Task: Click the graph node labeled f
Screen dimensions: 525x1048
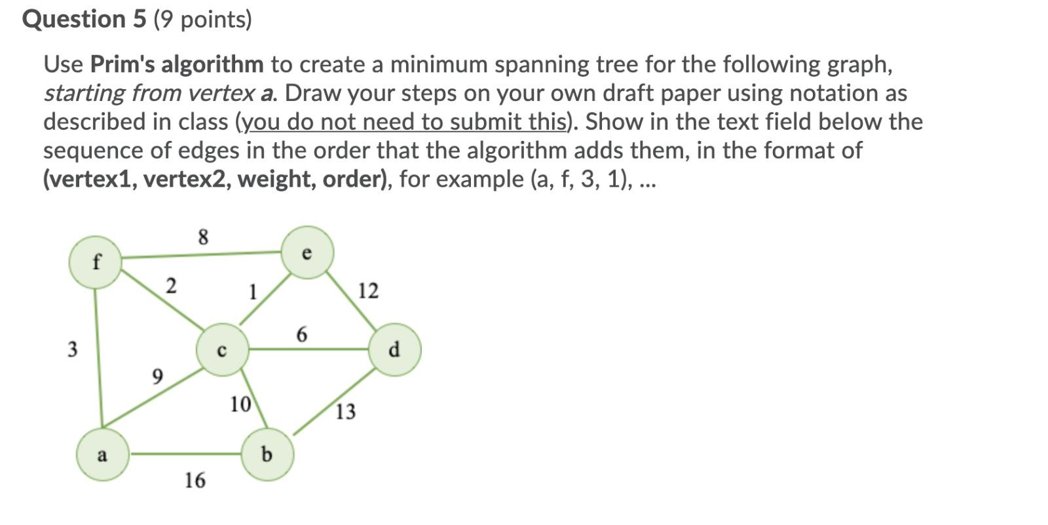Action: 96,262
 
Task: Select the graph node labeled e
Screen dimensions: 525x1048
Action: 307,252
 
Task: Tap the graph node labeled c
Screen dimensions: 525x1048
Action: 223,350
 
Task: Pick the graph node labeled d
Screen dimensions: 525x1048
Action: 394,349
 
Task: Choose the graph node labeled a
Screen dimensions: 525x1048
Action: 102,454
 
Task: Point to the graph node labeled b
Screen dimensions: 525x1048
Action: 267,454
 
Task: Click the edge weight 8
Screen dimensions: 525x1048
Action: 203,237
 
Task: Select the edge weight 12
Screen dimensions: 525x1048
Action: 368,290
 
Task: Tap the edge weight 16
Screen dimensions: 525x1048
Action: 195,480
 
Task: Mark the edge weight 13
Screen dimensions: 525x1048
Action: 345,412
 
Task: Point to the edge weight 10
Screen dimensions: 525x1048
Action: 240,404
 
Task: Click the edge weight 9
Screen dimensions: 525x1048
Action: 157,376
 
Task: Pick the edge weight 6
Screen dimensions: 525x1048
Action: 301,335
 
